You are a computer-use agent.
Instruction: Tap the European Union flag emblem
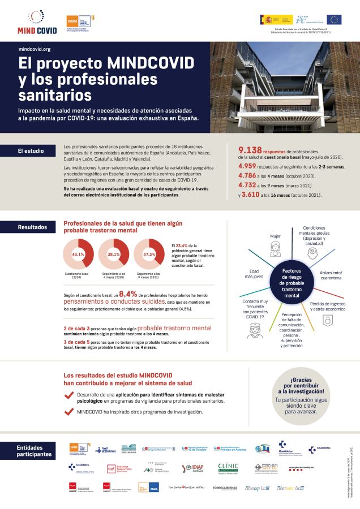pyautogui.click(x=334, y=20)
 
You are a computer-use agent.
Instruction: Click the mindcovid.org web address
pyautogui.click(x=35, y=50)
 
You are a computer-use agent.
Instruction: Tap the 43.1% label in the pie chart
pyautogui.click(x=78, y=255)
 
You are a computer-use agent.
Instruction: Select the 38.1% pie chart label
pyautogui.click(x=114, y=255)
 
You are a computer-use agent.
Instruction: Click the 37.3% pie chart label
pyautogui.click(x=149, y=255)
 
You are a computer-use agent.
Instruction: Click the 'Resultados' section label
pyautogui.click(x=32, y=227)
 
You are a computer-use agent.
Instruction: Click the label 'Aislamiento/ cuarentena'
pyautogui.click(x=331, y=275)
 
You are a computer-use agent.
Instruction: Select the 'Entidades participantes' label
pyautogui.click(x=33, y=451)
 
